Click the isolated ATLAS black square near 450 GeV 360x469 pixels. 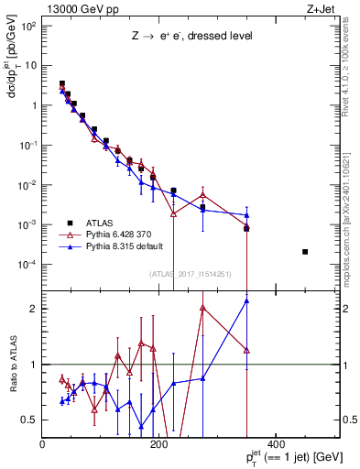click(x=305, y=252)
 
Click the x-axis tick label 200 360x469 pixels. click(x=158, y=445)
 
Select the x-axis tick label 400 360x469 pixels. click(x=274, y=445)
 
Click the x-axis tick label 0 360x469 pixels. click(x=43, y=445)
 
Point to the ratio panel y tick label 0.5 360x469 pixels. click(x=30, y=420)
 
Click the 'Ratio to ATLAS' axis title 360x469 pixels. click(x=12, y=364)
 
